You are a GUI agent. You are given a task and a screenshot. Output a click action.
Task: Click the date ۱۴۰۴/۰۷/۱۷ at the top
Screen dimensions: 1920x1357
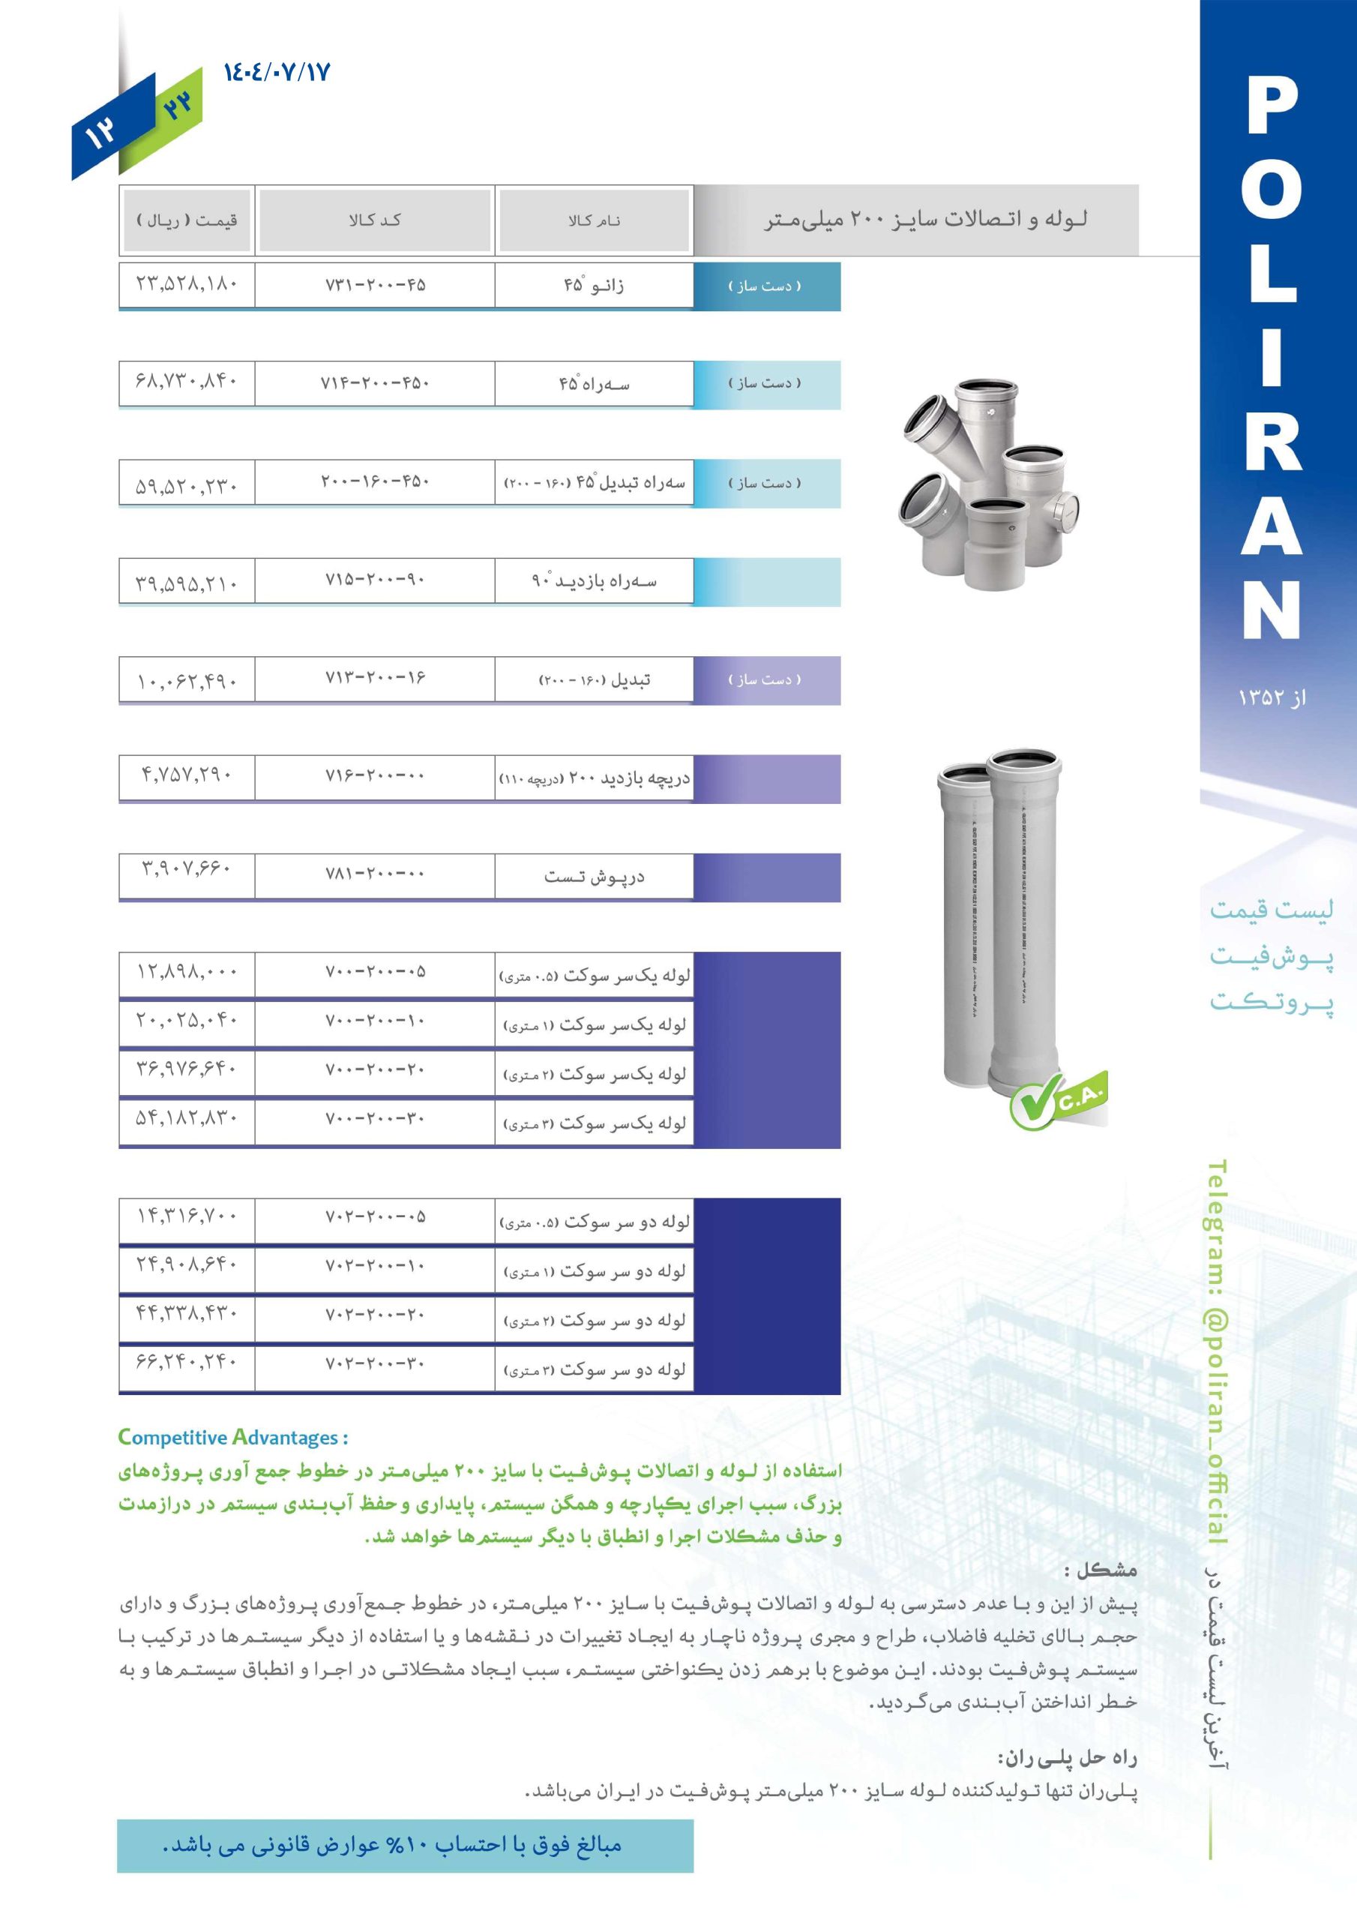click(277, 72)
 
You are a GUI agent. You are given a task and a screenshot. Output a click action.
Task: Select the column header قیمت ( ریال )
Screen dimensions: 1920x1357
click(187, 220)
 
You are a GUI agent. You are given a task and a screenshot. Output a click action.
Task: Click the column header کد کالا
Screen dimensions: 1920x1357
click(375, 220)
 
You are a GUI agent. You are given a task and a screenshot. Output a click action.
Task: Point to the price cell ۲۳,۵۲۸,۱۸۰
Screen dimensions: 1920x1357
click(187, 283)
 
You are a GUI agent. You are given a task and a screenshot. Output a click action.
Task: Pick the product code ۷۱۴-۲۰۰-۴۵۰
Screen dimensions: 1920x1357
click(375, 383)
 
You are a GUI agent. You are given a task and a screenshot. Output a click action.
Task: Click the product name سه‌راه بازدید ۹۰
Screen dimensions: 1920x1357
click(594, 580)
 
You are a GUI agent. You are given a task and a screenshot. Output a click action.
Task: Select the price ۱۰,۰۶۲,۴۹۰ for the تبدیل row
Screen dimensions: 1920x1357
click(187, 682)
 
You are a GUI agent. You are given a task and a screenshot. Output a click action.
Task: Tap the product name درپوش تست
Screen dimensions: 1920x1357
click(594, 877)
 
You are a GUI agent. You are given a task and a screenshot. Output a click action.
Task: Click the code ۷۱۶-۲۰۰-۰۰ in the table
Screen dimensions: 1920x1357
click(375, 776)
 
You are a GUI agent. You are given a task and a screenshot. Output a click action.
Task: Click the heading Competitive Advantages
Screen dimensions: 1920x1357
click(232, 1438)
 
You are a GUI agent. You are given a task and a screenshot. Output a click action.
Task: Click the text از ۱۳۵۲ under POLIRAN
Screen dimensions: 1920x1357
click(1271, 697)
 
